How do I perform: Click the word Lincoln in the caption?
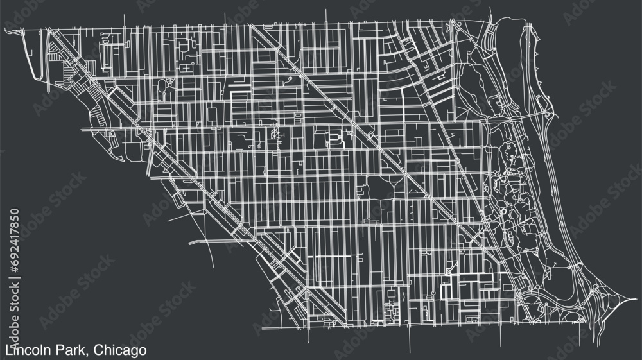(x=25, y=350)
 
